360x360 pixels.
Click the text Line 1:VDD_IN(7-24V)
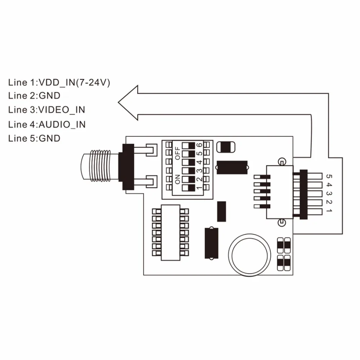(59, 82)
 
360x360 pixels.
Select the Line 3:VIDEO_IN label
(46, 109)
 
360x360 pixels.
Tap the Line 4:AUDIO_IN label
(46, 124)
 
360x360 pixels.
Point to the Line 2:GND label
(34, 96)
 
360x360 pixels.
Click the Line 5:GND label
(34, 138)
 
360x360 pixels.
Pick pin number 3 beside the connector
(328, 193)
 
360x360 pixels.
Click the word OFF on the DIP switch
(177, 153)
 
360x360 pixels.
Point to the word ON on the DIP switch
(177, 179)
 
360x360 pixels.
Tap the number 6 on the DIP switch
(199, 145)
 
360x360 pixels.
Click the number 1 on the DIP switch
(199, 188)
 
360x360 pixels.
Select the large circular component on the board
(249, 254)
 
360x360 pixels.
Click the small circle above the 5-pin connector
(282, 162)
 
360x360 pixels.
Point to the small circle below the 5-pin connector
(282, 222)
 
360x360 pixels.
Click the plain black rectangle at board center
(221, 211)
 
